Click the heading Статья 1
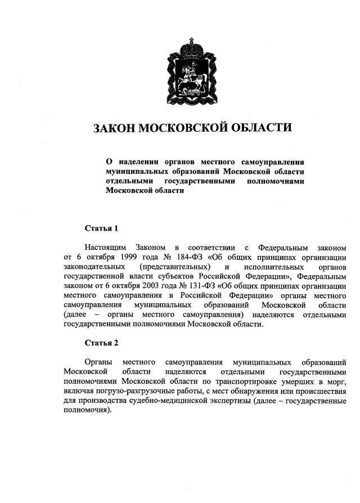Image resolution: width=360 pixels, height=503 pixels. coord(101,228)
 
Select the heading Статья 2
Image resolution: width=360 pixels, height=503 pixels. coord(101,343)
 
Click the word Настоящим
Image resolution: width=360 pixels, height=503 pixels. coord(105,248)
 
